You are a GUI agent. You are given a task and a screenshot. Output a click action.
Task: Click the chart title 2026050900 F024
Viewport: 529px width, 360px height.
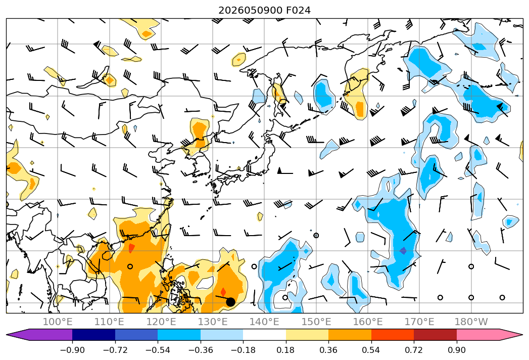(265, 11)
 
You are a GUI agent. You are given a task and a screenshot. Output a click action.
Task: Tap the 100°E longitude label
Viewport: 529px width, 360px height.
(58, 322)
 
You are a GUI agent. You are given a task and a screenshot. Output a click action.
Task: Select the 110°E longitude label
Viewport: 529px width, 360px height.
(109, 322)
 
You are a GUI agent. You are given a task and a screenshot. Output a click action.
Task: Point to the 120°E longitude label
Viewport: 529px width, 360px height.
(161, 322)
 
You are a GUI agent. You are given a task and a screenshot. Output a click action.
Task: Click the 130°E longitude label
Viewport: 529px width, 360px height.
(213, 322)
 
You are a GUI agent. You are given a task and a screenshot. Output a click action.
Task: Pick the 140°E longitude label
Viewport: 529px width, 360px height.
(264, 322)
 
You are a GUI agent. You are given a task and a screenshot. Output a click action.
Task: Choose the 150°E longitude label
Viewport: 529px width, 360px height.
(316, 322)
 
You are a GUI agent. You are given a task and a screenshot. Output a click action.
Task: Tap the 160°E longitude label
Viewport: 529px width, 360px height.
(368, 322)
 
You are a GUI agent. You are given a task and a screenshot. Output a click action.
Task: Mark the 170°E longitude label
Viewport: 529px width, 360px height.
(419, 322)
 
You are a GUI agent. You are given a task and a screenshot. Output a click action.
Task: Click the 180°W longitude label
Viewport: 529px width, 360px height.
(471, 322)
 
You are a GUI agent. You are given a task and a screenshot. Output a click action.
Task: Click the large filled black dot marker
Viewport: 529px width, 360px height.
(230, 302)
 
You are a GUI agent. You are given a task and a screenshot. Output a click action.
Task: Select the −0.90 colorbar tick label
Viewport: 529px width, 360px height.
(72, 350)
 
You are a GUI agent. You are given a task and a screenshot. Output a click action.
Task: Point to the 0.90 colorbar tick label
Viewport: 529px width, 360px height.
(456, 350)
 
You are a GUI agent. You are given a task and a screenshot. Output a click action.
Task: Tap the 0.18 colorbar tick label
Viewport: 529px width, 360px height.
(286, 350)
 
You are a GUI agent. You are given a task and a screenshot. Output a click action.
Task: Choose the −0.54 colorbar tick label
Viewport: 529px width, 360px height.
(158, 350)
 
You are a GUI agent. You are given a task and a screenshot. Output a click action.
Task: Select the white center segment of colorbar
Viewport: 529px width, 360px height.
(265, 334)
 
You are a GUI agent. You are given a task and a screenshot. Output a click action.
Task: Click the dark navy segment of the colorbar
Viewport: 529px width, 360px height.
(94, 334)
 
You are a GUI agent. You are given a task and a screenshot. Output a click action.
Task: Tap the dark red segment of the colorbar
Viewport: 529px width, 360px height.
(435, 334)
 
